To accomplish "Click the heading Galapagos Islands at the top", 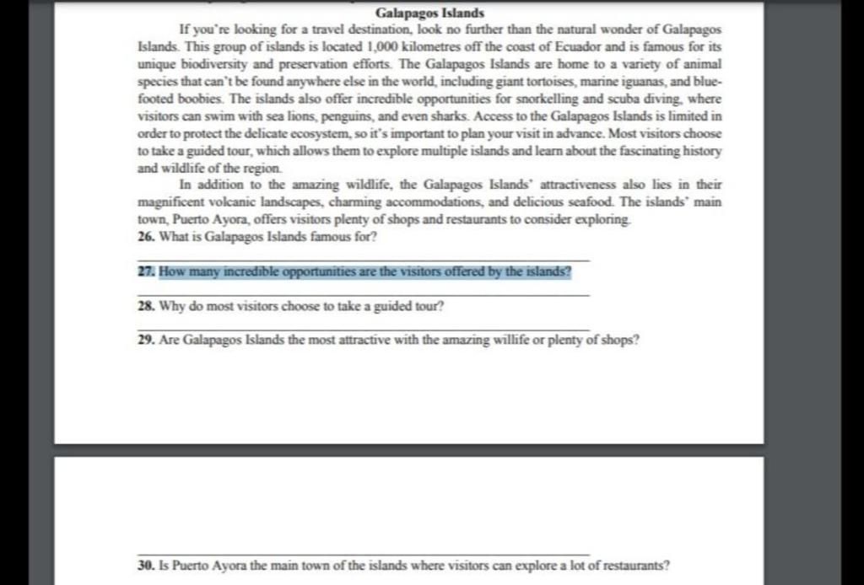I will click(429, 13).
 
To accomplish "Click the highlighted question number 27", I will click(145, 273).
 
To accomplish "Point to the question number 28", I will click(145, 308).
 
